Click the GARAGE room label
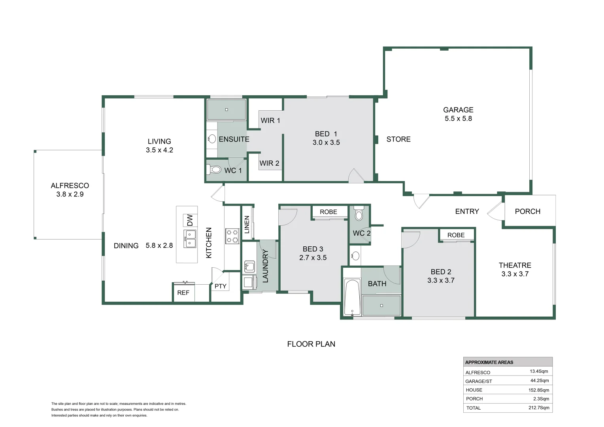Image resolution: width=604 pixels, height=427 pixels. (x=458, y=110)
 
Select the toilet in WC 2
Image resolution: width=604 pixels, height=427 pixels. (x=359, y=213)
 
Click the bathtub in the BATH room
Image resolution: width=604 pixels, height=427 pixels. (x=353, y=298)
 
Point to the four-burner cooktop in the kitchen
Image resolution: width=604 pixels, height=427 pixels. (x=232, y=236)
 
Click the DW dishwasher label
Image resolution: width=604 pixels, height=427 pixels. (x=190, y=220)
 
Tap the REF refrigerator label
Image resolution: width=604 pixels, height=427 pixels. (x=183, y=293)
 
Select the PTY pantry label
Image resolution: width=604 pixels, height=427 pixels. (x=220, y=286)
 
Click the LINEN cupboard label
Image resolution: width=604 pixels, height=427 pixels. (x=247, y=224)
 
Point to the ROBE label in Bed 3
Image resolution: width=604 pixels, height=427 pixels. (x=328, y=212)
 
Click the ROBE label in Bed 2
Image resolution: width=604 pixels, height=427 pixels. (x=456, y=235)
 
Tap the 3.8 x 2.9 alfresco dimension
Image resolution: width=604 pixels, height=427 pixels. (x=70, y=194)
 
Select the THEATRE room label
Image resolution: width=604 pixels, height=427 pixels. (x=515, y=265)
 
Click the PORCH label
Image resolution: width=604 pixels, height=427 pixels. (x=528, y=211)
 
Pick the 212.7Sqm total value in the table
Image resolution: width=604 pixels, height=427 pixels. (x=539, y=408)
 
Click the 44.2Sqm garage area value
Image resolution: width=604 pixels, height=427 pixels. (x=540, y=381)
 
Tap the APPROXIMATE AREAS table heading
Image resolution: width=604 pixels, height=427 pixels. (x=489, y=362)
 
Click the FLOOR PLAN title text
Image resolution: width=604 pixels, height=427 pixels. (x=311, y=344)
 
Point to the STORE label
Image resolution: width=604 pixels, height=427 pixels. (x=398, y=139)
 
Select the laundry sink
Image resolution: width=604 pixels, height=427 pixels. (x=249, y=266)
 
